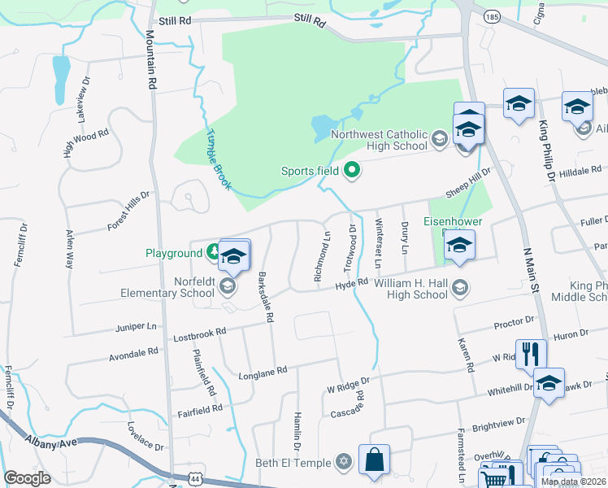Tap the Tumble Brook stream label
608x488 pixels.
click(x=219, y=159)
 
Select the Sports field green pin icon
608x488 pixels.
click(x=352, y=171)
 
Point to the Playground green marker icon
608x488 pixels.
click(x=213, y=253)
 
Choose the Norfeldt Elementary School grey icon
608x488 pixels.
click(x=228, y=285)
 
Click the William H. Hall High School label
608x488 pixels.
click(x=418, y=289)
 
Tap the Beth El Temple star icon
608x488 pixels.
click(x=344, y=463)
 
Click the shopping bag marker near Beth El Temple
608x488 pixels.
click(x=374, y=460)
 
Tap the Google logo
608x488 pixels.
click(x=28, y=477)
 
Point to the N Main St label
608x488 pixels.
click(x=529, y=273)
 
